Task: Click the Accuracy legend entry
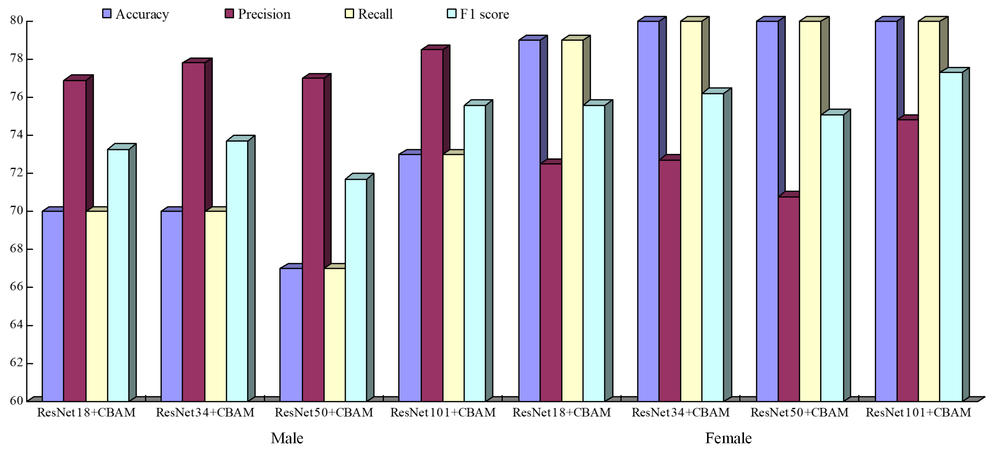(x=136, y=14)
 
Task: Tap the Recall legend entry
(x=369, y=14)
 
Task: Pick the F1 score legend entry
(x=478, y=14)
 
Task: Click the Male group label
(x=287, y=438)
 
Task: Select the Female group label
(x=728, y=438)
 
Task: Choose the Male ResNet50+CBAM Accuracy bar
(x=291, y=334)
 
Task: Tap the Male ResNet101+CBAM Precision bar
(x=432, y=225)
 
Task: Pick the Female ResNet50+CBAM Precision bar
(x=789, y=299)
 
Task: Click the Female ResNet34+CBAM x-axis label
(x=680, y=413)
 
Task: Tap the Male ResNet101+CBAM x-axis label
(x=443, y=413)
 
